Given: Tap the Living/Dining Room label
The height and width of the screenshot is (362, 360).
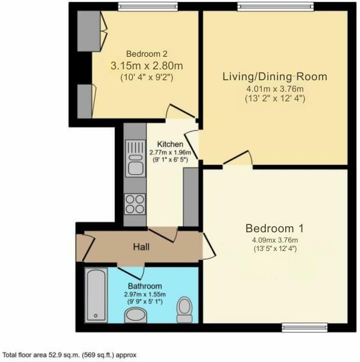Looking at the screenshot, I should [274, 77].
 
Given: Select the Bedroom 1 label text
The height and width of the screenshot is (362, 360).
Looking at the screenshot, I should [274, 229].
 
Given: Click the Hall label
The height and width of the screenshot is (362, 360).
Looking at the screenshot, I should [141, 247].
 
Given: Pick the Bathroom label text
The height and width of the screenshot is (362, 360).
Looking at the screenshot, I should [145, 285].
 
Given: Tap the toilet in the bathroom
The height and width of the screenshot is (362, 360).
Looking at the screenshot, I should [185, 310].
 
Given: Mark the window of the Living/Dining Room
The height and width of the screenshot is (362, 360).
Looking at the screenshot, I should [276, 7].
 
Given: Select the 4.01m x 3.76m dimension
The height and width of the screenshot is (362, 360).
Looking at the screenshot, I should [275, 89].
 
